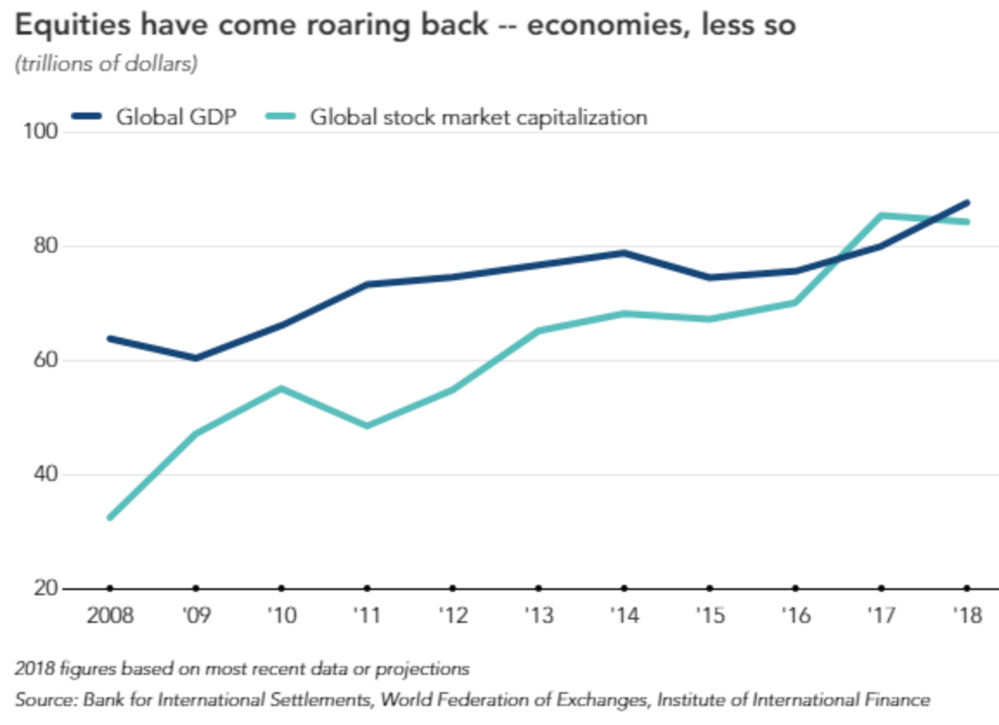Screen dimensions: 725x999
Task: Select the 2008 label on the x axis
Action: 109,616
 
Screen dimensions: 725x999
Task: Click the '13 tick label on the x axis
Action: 538,616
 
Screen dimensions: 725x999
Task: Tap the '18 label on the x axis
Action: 966,616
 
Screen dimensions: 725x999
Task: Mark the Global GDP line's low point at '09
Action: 196,357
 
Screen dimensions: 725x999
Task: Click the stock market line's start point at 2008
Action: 110,517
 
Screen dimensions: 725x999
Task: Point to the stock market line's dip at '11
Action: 367,426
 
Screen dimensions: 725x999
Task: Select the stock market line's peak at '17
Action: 881,215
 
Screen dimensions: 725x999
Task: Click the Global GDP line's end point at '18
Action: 966,202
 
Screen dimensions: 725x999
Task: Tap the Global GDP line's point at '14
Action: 624,253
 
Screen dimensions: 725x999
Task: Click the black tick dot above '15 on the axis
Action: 710,588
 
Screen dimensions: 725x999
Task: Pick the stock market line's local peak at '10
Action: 281,388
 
